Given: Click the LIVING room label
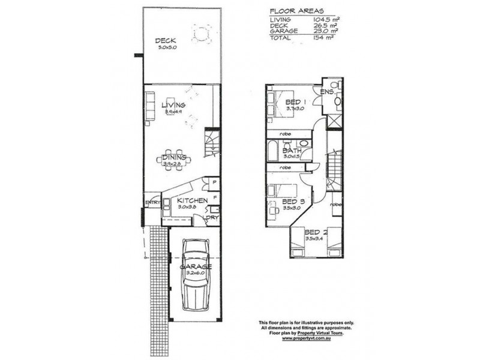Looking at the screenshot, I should point(173,105).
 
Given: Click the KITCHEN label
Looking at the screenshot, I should point(192,200).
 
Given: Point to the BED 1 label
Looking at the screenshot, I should point(295,103).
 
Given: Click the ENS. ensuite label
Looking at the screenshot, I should point(327,92).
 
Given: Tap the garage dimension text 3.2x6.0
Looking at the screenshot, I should point(195,272).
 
